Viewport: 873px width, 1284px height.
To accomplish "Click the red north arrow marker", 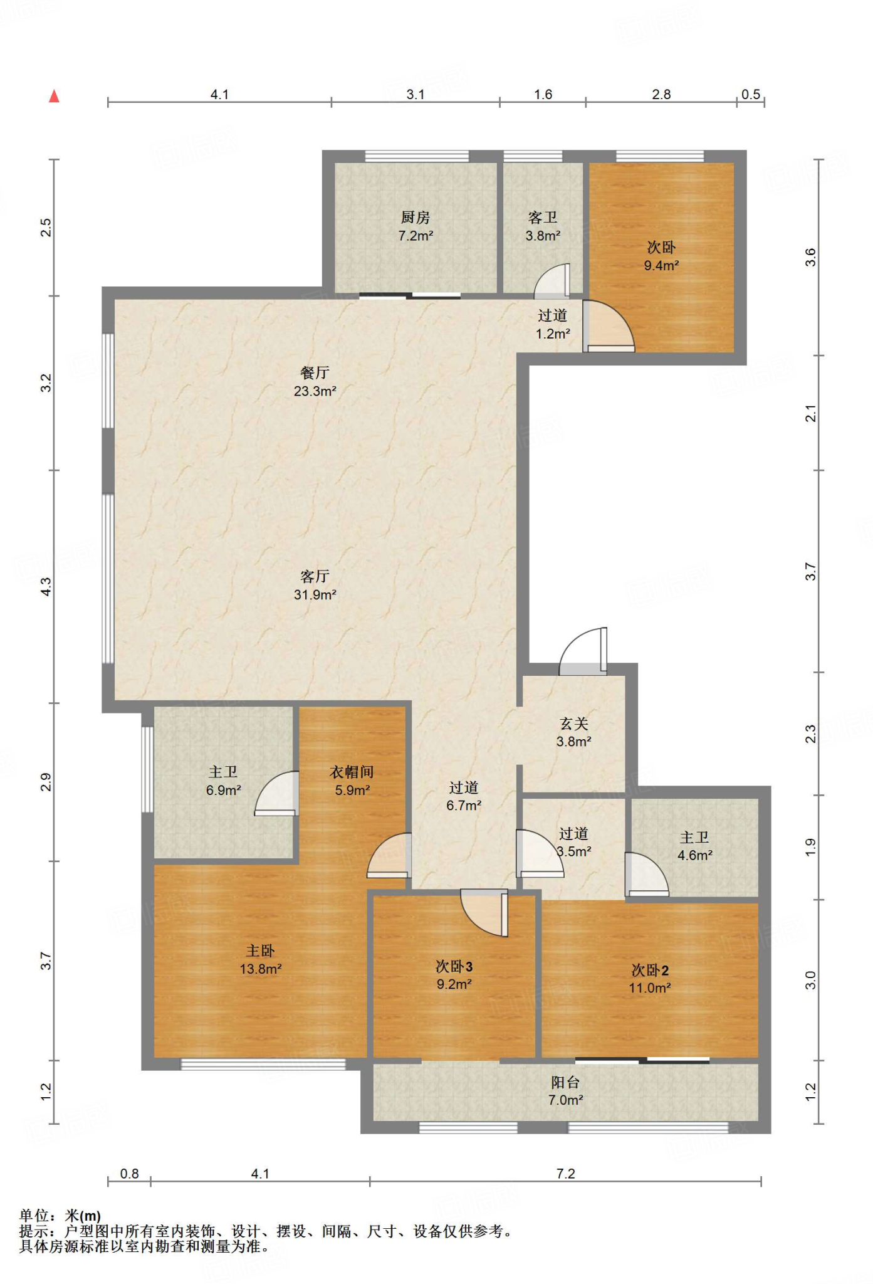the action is pyautogui.click(x=55, y=96).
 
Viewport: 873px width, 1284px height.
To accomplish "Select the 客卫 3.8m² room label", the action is pyautogui.click(x=543, y=226).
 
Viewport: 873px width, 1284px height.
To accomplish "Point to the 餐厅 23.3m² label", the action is pyautogui.click(x=315, y=382).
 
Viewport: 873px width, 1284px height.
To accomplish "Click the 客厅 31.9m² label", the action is pyautogui.click(x=315, y=585).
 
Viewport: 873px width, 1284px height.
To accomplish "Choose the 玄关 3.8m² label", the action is pyautogui.click(x=574, y=732).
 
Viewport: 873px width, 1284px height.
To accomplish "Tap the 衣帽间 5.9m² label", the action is pyautogui.click(x=352, y=781).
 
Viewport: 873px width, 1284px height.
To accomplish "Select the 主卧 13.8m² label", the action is pyautogui.click(x=261, y=959).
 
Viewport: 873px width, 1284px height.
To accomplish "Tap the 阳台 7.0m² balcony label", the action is pyautogui.click(x=566, y=1091).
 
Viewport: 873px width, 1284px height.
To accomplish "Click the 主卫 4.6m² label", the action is pyautogui.click(x=695, y=846).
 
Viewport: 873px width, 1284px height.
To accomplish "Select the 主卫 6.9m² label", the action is pyautogui.click(x=224, y=781).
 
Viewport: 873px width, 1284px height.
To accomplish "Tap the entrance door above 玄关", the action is pyautogui.click(x=583, y=651).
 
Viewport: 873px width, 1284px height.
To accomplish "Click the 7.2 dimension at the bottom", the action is pyautogui.click(x=566, y=1173).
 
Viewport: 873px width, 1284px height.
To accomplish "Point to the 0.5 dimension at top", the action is pyautogui.click(x=751, y=94).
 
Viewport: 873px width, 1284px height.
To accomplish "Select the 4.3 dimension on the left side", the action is pyautogui.click(x=46, y=586).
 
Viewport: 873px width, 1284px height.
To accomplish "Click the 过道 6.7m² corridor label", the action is pyautogui.click(x=464, y=796).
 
